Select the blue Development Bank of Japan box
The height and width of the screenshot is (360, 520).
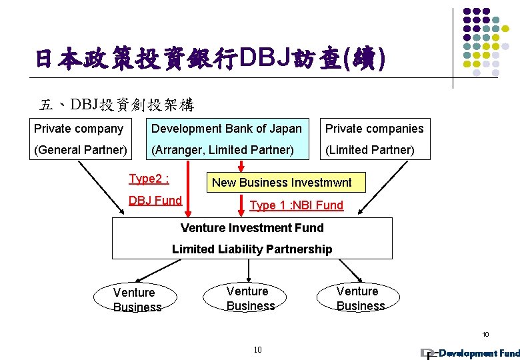coord(227,139)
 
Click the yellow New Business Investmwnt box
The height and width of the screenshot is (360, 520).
coord(286,182)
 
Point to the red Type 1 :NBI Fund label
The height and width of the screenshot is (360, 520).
coord(297,205)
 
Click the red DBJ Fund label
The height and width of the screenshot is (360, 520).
coord(155,201)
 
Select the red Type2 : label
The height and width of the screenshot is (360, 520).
coord(149,179)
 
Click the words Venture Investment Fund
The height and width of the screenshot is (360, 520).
coord(252,228)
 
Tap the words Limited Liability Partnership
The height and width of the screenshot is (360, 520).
coord(252,249)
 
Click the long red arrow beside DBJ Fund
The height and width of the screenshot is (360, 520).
coord(188,189)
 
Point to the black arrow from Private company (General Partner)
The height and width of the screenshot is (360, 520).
coord(101,187)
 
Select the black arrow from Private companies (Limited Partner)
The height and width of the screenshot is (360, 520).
coord(383,187)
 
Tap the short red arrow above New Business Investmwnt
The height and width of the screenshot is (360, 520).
coord(241,166)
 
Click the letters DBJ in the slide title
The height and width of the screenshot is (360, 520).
coord(264,58)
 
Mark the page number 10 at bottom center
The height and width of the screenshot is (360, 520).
coord(258,350)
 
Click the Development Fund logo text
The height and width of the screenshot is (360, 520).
coord(479,353)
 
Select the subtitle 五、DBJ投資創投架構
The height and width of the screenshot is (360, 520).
coord(117,105)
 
